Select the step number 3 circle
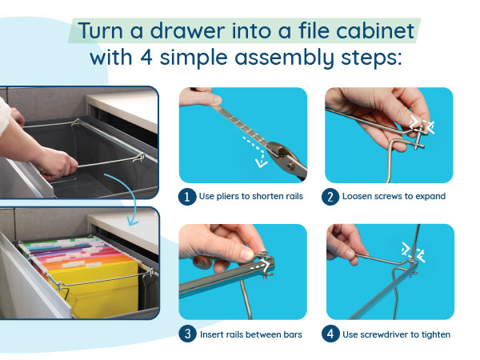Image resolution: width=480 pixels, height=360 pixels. tap(187, 334)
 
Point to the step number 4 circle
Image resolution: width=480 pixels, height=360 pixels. tap(330, 334)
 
